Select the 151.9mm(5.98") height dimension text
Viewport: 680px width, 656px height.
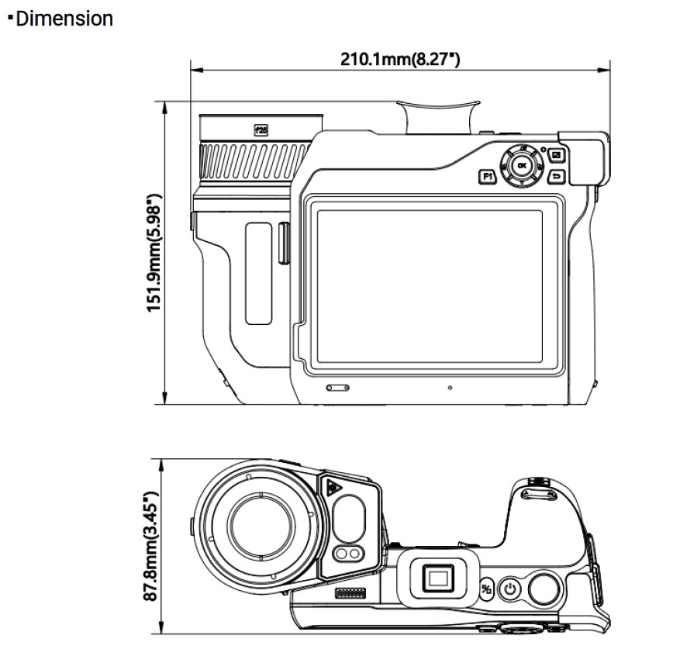[x=154, y=253]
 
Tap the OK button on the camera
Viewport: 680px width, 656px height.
[x=521, y=165]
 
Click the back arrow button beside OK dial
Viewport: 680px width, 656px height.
[x=555, y=178]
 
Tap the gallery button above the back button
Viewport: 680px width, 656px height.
[x=555, y=154]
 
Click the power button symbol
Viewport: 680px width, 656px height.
[x=509, y=590]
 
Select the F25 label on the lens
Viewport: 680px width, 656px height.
[x=261, y=131]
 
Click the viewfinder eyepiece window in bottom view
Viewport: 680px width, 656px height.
[x=440, y=578]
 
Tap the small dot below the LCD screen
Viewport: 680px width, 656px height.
[x=450, y=387]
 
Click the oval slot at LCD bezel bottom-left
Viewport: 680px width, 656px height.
[x=337, y=386]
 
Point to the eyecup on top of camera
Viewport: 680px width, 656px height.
[x=438, y=116]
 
